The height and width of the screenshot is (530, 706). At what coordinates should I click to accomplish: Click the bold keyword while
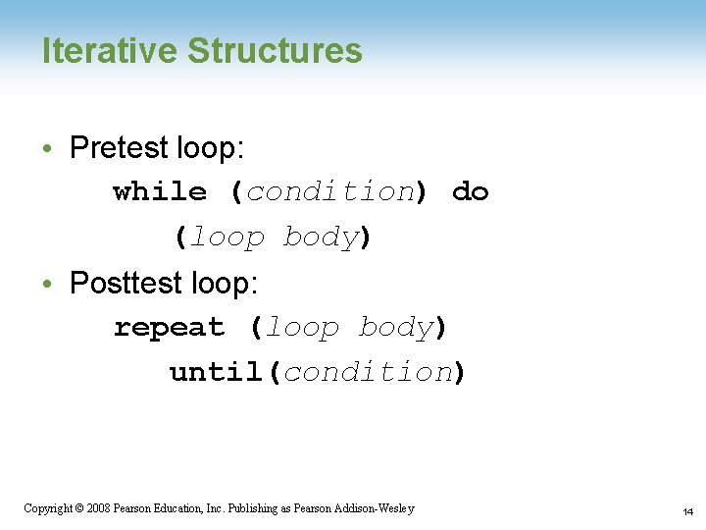tap(160, 192)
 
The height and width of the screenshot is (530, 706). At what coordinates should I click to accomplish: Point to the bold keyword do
tap(470, 192)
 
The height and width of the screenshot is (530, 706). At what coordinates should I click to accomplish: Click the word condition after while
tap(330, 192)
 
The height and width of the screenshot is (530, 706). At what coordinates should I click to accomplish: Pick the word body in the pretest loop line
tap(321, 238)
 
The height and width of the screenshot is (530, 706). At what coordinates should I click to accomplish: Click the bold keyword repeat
tap(169, 328)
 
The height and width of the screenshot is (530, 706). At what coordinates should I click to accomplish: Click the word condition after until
tap(368, 373)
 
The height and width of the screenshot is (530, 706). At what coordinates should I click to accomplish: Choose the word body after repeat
tap(395, 328)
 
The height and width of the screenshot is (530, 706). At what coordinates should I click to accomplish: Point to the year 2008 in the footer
tap(97, 508)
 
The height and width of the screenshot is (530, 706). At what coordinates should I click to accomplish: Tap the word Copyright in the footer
tap(46, 508)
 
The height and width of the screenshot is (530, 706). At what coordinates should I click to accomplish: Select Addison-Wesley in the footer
tap(377, 508)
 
